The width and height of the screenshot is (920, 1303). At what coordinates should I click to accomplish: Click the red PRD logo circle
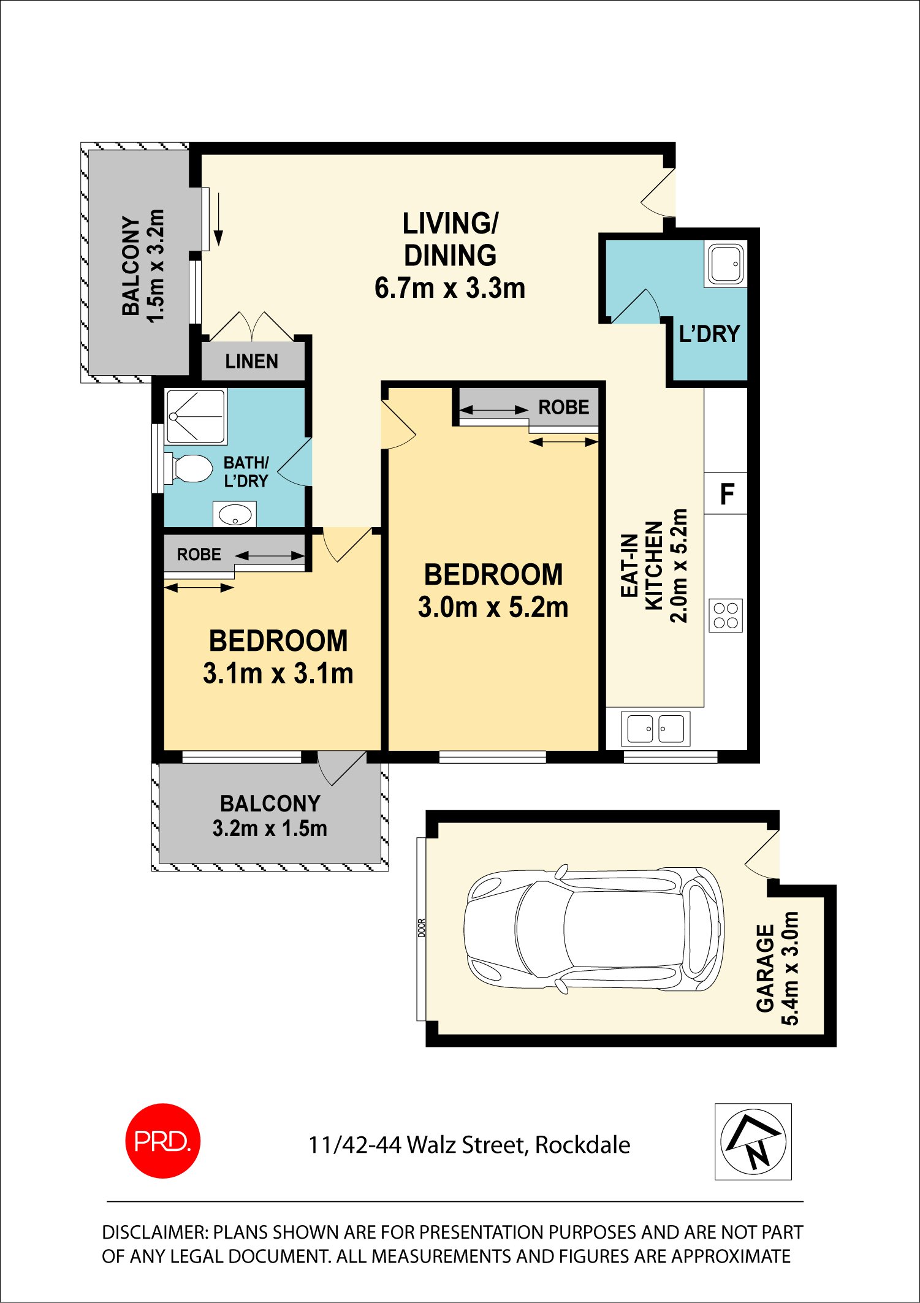(x=162, y=1141)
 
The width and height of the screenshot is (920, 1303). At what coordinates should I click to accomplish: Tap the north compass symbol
(x=753, y=1141)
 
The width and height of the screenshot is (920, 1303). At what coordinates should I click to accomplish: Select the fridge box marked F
(x=726, y=493)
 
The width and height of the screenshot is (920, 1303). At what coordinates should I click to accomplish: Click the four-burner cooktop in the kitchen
(x=726, y=615)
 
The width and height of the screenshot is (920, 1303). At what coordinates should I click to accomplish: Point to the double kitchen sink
(x=655, y=728)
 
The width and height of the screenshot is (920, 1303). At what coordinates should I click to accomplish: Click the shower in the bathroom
(x=196, y=416)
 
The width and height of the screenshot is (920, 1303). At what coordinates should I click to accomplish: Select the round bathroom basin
(x=235, y=514)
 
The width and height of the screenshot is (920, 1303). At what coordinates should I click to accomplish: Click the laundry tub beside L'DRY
(x=726, y=264)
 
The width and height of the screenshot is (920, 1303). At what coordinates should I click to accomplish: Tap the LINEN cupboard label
(x=251, y=362)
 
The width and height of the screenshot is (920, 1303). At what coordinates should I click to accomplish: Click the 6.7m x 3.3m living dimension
(x=450, y=288)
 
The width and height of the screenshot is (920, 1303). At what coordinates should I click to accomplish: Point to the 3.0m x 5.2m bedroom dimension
(x=493, y=607)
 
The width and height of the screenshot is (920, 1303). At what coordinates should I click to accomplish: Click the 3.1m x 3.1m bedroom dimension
(x=278, y=674)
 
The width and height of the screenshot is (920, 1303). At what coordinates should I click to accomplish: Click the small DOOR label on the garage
(x=421, y=928)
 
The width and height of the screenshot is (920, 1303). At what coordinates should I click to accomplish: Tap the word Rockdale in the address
(x=582, y=1145)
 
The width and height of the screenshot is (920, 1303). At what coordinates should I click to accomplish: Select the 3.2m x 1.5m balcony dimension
(x=270, y=829)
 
